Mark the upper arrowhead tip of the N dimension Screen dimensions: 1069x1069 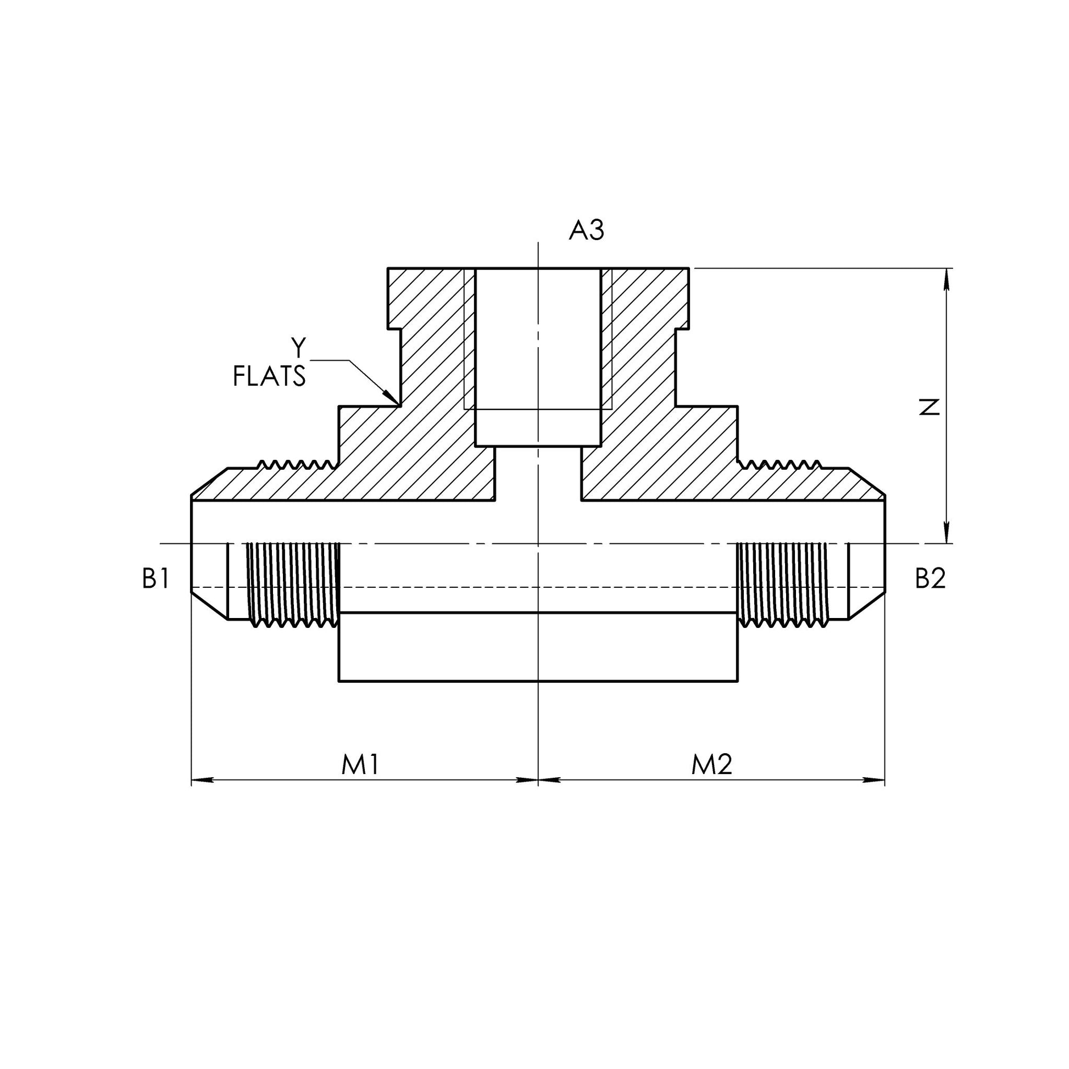pyautogui.click(x=946, y=269)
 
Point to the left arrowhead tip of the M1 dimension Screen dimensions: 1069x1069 pyautogui.click(x=192, y=780)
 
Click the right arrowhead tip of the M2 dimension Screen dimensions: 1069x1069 pyautogui.click(x=885, y=780)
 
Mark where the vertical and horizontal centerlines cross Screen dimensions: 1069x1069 pyautogui.click(x=538, y=544)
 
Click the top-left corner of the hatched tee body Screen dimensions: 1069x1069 pyautogui.click(x=388, y=269)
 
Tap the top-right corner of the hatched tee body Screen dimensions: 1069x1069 pyautogui.click(x=689, y=269)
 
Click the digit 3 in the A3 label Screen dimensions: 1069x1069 pyautogui.click(x=596, y=230)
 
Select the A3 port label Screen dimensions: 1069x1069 pyautogui.click(x=587, y=230)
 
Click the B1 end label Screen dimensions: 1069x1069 pyautogui.click(x=155, y=579)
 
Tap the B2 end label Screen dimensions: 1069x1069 pyautogui.click(x=930, y=579)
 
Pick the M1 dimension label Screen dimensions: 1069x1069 pyautogui.click(x=360, y=765)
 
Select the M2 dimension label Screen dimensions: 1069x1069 pyautogui.click(x=711, y=765)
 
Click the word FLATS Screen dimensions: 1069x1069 pyautogui.click(x=270, y=377)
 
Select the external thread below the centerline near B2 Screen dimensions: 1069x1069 pyautogui.click(x=782, y=585)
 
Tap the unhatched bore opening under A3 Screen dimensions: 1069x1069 pyautogui.click(x=538, y=358)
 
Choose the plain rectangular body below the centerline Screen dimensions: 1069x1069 pyautogui.click(x=538, y=647)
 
